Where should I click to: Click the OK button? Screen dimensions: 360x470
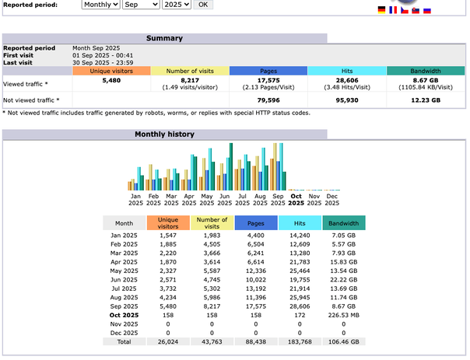pos(202,5)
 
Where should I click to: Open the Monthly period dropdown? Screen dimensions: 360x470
pos(101,5)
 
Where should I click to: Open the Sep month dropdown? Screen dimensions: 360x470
pos(141,5)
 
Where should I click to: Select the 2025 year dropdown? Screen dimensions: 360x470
pos(175,5)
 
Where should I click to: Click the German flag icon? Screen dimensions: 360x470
pos(381,10)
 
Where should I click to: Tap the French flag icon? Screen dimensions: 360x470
pos(392,10)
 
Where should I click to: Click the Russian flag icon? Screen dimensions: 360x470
pos(426,10)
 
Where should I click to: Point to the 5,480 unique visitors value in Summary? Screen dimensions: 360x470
pos(111,80)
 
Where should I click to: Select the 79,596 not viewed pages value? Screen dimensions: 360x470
pos(268,100)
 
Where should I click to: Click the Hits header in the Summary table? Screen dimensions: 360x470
pos(347,71)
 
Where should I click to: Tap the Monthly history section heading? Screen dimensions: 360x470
pos(164,135)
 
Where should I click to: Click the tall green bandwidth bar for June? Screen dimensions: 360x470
pos(231,166)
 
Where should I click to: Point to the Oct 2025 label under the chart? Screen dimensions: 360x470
pos(296,200)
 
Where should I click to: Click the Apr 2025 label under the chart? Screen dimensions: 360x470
pos(189,200)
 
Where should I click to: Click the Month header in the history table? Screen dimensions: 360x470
pos(124,222)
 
